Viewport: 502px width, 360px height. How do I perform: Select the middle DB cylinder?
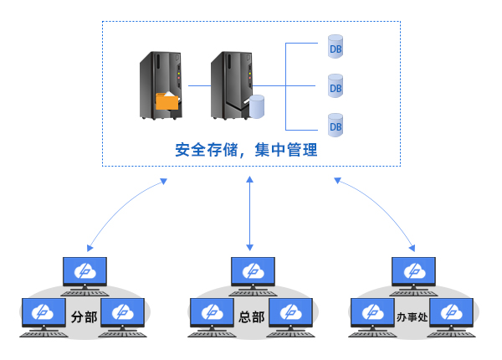336,85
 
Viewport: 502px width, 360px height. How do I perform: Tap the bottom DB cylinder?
336,125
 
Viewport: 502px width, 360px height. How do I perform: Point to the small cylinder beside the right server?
255,105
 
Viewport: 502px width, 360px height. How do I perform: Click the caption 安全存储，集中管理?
246,151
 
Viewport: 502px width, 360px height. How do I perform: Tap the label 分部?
85,318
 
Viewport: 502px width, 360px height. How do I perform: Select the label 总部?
251,318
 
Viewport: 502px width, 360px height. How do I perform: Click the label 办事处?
412,318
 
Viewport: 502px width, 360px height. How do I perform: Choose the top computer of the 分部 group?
85,272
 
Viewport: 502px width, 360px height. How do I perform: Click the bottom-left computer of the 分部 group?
42,314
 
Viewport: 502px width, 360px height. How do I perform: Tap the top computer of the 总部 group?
252,272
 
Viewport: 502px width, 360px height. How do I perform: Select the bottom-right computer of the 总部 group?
290,314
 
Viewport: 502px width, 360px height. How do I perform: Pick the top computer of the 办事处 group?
413,272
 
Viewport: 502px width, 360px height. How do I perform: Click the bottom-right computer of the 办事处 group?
452,314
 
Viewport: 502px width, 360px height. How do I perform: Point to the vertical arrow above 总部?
249,213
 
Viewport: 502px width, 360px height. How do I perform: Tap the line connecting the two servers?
197,85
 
